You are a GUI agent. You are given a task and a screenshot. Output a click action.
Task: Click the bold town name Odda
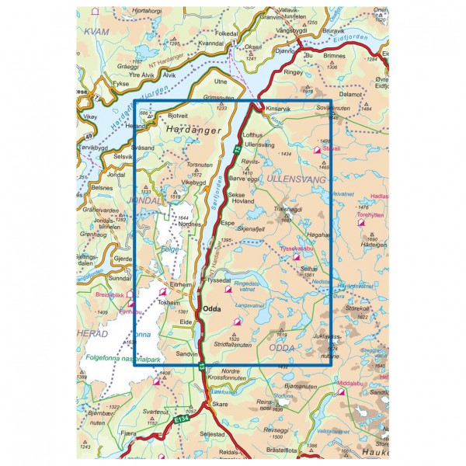click(213, 309)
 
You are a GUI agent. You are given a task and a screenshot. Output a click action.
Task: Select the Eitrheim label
click(181, 285)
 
